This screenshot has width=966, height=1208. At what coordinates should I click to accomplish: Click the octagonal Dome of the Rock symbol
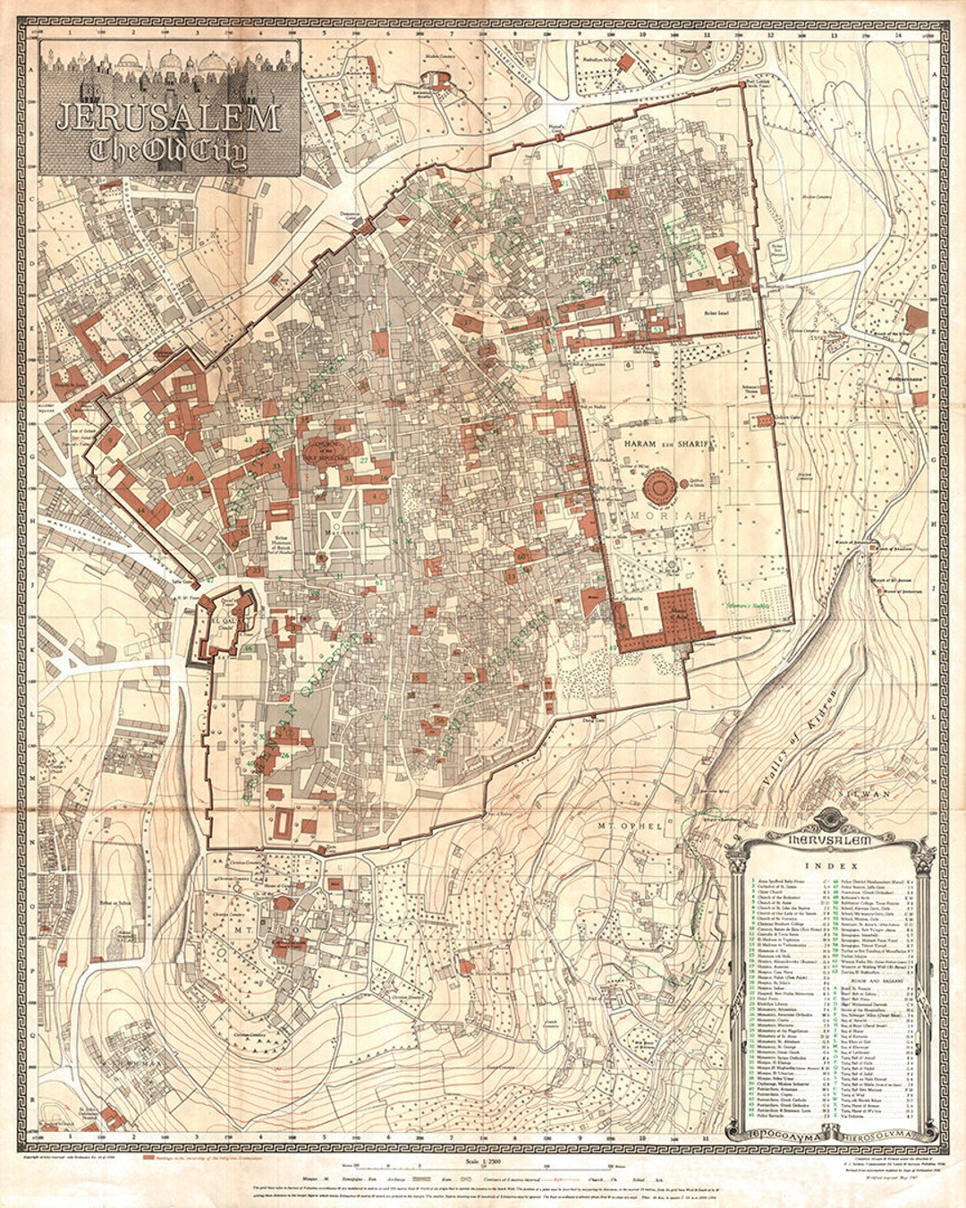(x=661, y=488)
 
